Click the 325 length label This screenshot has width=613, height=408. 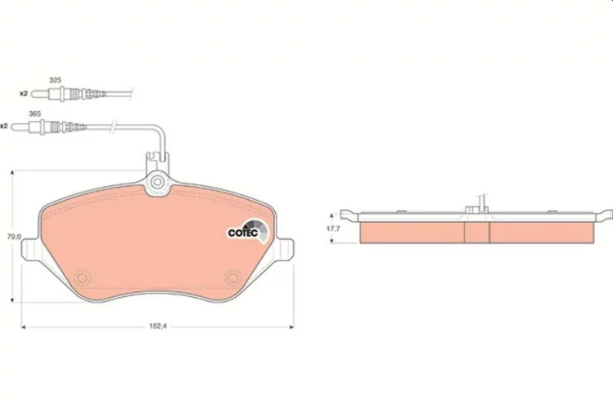(x=56, y=80)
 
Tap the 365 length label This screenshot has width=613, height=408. (x=35, y=113)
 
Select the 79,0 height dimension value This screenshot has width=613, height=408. (x=15, y=237)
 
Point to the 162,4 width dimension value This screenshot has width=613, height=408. (x=158, y=326)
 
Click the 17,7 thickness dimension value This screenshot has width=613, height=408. (x=334, y=228)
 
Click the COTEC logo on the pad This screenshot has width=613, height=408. (x=248, y=231)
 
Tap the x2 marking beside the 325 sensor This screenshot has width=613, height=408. (x=24, y=93)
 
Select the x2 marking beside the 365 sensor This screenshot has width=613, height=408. (x=4, y=126)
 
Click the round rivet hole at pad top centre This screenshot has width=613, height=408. (x=158, y=182)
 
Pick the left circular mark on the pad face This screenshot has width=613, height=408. (x=82, y=278)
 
